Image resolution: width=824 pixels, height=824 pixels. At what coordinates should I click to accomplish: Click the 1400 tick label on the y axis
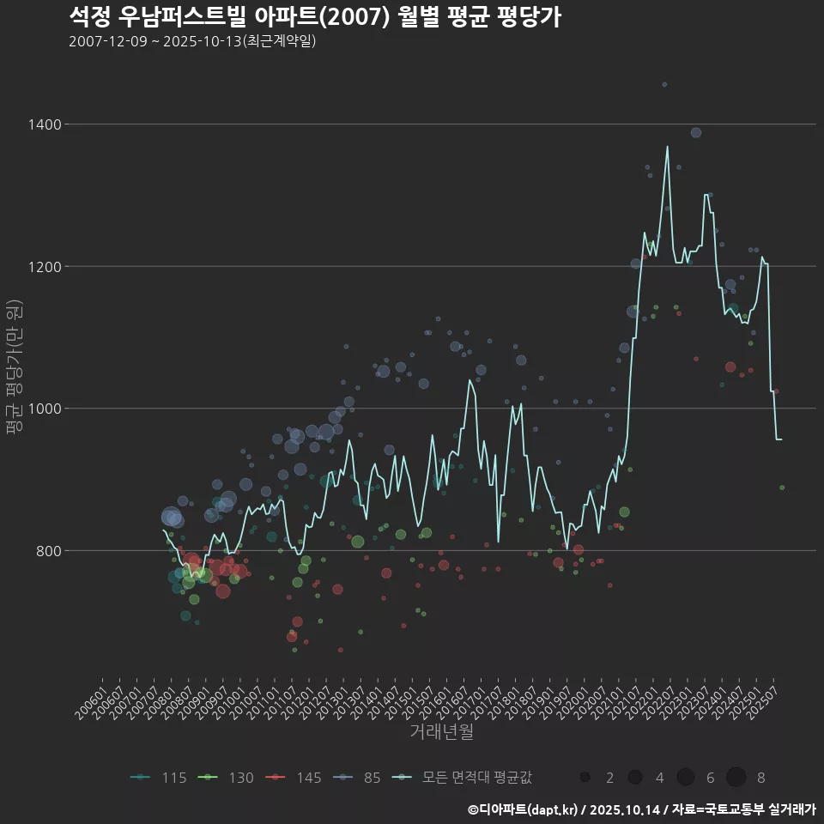pos(44,124)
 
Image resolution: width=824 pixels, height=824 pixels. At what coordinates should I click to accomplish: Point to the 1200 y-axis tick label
pos(44,266)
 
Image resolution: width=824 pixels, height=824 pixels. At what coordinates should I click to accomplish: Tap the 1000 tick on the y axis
pos(44,409)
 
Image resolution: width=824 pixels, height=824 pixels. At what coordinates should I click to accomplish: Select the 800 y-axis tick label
pos(47,550)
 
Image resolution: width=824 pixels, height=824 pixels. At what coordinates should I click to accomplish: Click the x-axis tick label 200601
pos(91,702)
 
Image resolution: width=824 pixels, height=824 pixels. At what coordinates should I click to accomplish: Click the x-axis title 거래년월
pos(442,731)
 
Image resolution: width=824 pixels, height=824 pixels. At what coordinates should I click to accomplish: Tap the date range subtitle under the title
pos(192,41)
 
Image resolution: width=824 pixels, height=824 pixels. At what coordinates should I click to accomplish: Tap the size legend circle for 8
pos(736,778)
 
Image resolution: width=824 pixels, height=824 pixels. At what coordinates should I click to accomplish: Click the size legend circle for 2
pos(585,778)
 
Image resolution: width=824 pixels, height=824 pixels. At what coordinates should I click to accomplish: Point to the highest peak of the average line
pos(667,147)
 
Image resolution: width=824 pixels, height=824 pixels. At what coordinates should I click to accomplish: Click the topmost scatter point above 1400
pos(664,84)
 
